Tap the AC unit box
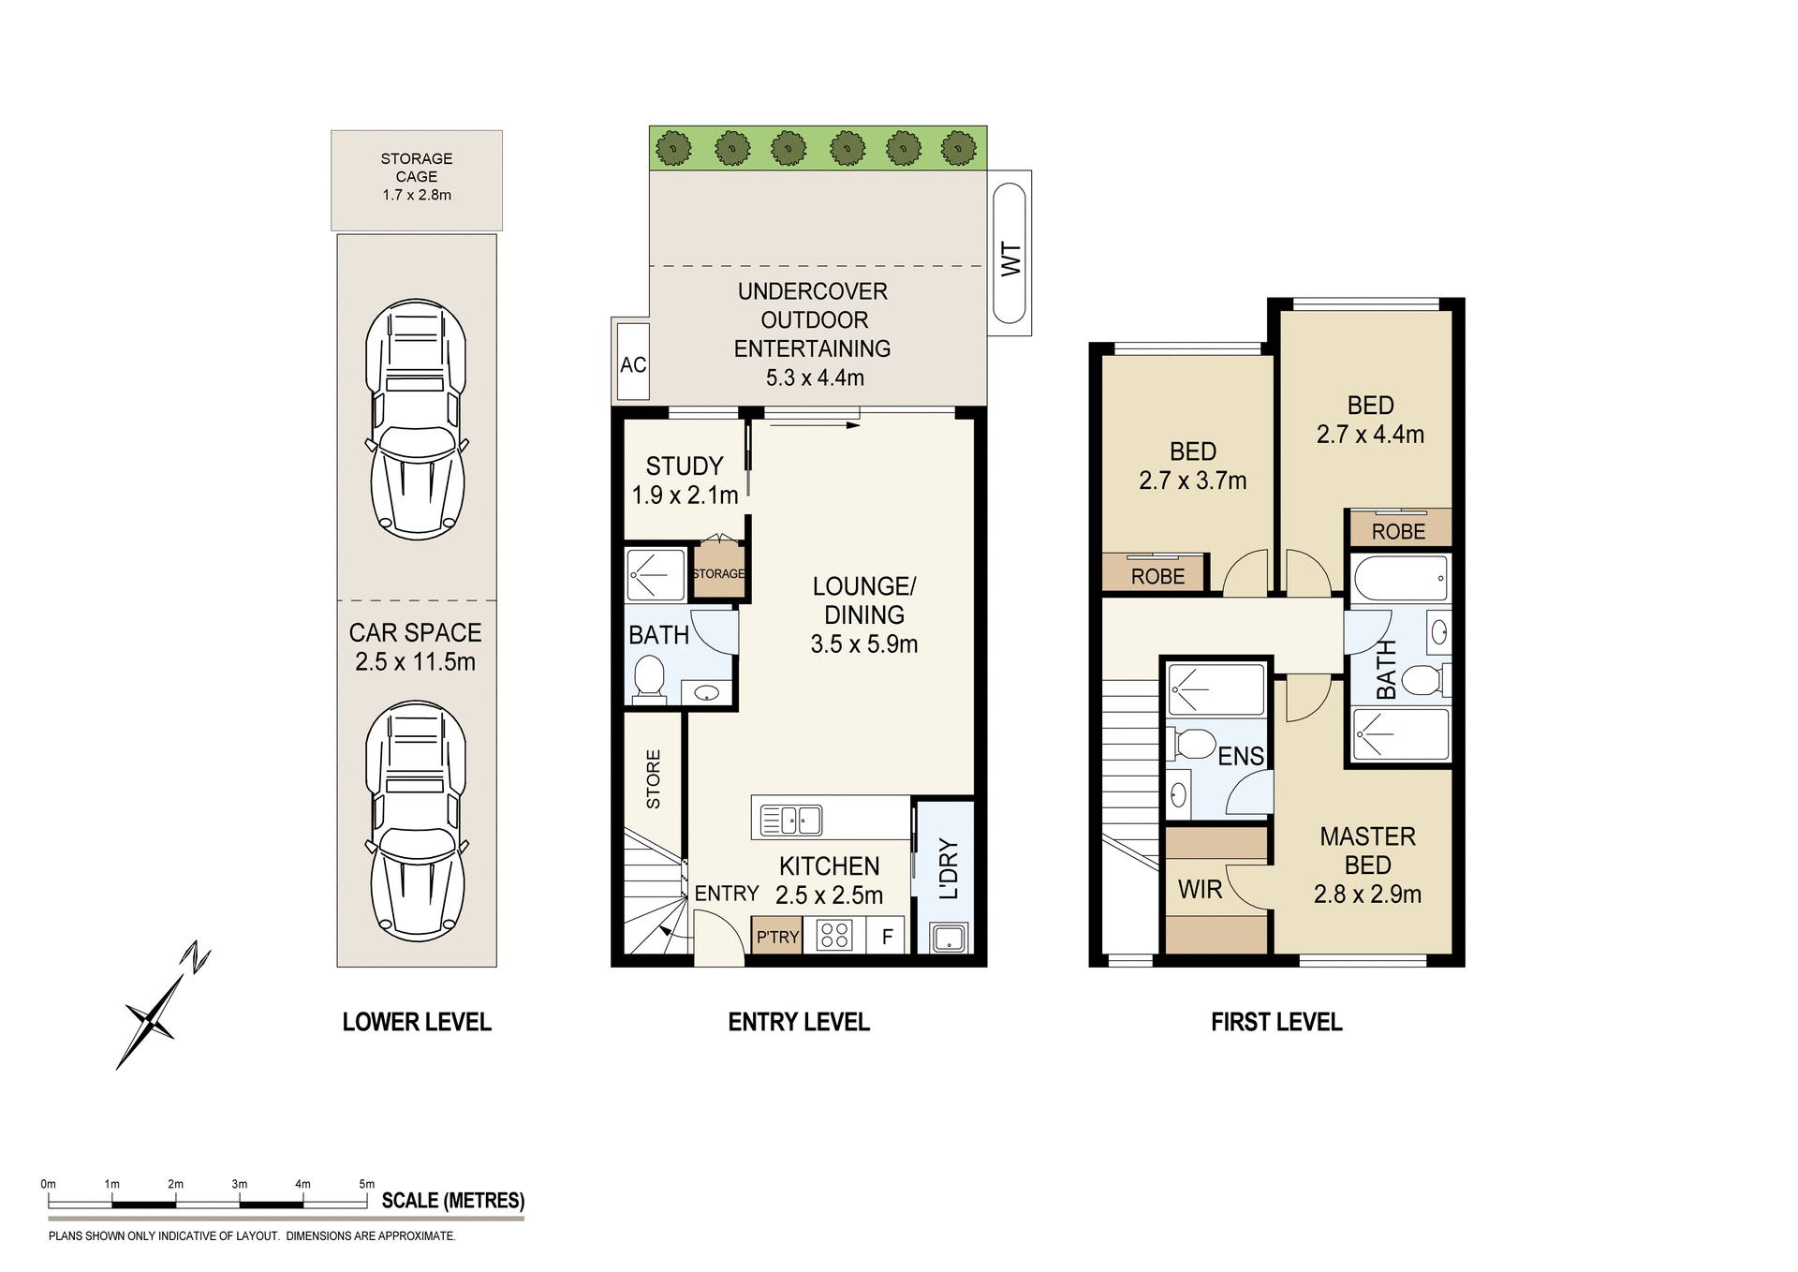[633, 363]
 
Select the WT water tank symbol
[1010, 254]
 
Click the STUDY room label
[685, 466]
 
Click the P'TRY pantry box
[777, 937]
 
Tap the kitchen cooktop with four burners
[833, 936]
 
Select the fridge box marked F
[887, 936]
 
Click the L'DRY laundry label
[948, 868]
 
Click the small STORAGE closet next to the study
[718, 572]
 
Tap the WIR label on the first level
[1200, 889]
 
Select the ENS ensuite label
[1240, 756]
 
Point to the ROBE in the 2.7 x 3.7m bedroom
[1157, 576]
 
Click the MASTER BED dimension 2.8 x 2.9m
[1367, 895]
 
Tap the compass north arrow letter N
[196, 957]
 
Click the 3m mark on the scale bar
[240, 1185]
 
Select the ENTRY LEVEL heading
[798, 1022]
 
